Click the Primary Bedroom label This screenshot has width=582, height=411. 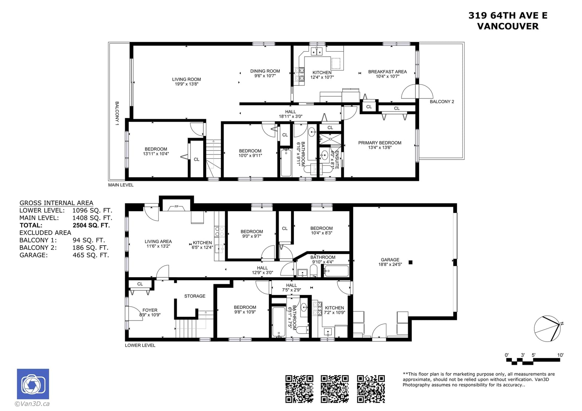tap(380, 143)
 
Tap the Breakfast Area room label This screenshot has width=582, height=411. tap(387, 72)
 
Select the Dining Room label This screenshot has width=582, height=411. tap(265, 71)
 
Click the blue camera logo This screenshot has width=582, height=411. tap(33, 384)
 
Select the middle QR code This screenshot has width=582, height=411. tap(334, 389)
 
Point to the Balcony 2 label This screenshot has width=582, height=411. tap(442, 102)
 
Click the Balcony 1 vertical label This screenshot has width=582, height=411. tap(117, 113)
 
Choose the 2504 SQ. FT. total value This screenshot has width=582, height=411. tap(91, 225)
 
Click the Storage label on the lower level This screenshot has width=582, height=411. tap(195, 296)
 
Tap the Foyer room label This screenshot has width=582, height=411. tap(150, 310)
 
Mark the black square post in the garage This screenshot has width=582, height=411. tap(411, 262)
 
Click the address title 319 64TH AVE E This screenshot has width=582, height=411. tap(508, 16)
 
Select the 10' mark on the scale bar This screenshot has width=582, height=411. tap(560, 355)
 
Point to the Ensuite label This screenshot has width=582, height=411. tap(337, 160)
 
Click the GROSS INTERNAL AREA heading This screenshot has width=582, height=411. tap(56, 203)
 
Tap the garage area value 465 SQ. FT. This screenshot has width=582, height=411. tap(91, 255)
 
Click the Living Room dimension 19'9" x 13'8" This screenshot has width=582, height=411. tap(187, 84)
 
